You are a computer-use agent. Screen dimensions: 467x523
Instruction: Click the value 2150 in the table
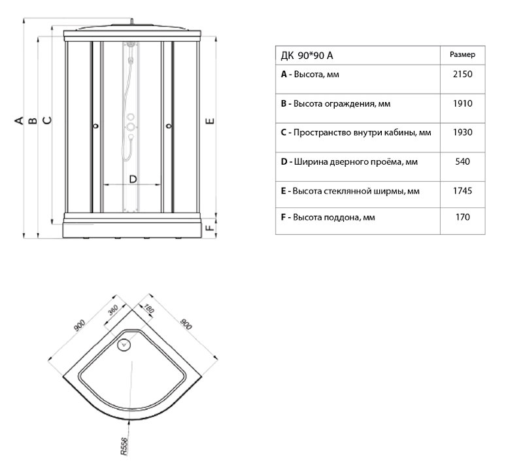tap(462, 75)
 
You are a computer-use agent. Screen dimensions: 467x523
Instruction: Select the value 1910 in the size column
tap(462, 104)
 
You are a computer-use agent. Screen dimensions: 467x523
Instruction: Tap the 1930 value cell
tap(462, 132)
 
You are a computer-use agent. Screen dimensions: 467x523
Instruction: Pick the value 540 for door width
tap(462, 161)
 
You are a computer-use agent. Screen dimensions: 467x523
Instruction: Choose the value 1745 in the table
tap(462, 191)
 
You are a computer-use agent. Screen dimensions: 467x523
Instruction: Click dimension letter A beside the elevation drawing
tap(20, 120)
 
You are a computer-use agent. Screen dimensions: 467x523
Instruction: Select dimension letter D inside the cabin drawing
tap(133, 179)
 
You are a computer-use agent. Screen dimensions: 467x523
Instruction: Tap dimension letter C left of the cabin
tap(46, 120)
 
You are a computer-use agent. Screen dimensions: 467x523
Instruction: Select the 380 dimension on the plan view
tap(112, 312)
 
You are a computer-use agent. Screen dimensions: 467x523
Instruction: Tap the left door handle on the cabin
tap(96, 126)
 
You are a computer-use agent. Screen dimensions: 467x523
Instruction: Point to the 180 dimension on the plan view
tap(148, 305)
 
